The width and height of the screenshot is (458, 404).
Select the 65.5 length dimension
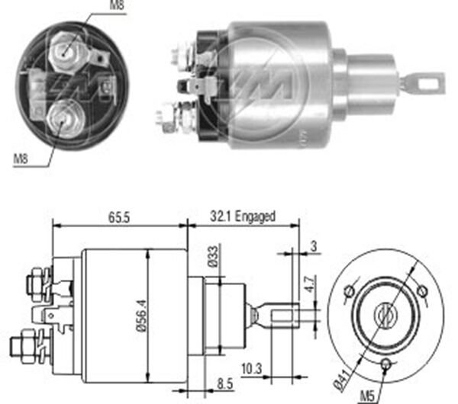point(119,217)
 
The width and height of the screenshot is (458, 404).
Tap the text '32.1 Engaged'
point(243,217)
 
